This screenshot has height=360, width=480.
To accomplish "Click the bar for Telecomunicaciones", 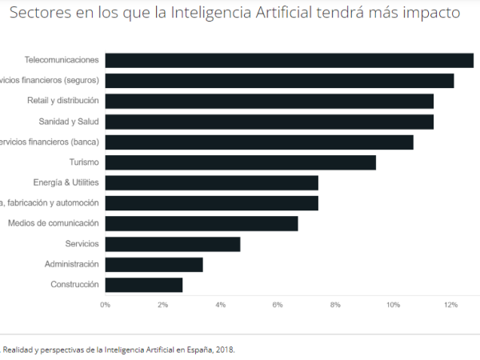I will coord(289,60).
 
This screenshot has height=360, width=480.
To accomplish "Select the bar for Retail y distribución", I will coord(269,101).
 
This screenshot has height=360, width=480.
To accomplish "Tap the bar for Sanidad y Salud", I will coord(269,122).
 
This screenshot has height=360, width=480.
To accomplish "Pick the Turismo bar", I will coord(240,162).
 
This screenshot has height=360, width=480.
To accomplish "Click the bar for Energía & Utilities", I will coord(211,182).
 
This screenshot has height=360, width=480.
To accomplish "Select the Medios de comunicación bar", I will coord(201,223).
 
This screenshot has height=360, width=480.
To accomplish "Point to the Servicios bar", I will coord(172,244).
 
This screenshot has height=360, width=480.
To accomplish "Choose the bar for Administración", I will coord(154,264).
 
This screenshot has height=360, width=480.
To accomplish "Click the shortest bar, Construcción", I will coord(143,285).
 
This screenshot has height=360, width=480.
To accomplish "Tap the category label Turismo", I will coord(84,162).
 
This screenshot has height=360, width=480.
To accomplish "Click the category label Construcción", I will coord(74,285).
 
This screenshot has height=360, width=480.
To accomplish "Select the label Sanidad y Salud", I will coord(69,122).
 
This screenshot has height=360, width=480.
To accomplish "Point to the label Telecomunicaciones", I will coord(62,60).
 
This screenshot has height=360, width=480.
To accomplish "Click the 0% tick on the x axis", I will coord(105,305).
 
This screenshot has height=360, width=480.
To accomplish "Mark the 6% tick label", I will coord(278,305).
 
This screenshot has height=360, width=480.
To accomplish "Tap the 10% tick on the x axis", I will coord(393,305).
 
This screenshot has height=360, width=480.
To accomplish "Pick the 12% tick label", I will coord(450,305).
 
